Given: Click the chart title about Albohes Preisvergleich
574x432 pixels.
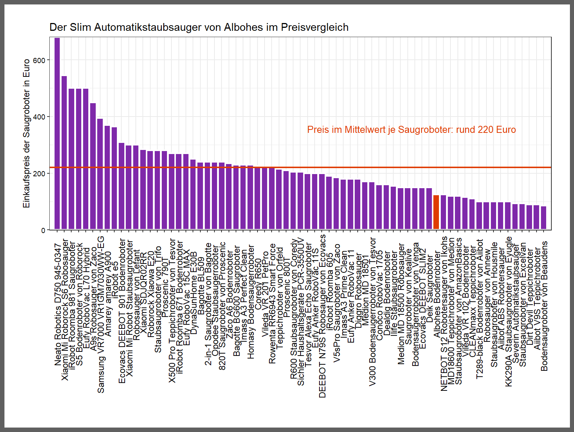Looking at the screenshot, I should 199,27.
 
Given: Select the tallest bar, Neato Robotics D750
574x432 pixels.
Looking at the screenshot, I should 57,134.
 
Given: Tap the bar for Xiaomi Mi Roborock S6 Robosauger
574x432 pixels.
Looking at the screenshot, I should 64,153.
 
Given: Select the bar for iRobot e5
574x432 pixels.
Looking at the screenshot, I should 114,178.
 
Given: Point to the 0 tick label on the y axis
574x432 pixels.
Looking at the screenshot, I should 43,230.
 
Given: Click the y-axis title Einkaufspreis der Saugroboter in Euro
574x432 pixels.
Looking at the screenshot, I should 26,134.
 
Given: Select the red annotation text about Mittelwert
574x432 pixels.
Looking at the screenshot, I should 411,130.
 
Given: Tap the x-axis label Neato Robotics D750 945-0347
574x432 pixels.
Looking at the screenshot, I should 58,304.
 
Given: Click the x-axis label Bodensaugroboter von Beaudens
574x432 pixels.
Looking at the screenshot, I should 544,306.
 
